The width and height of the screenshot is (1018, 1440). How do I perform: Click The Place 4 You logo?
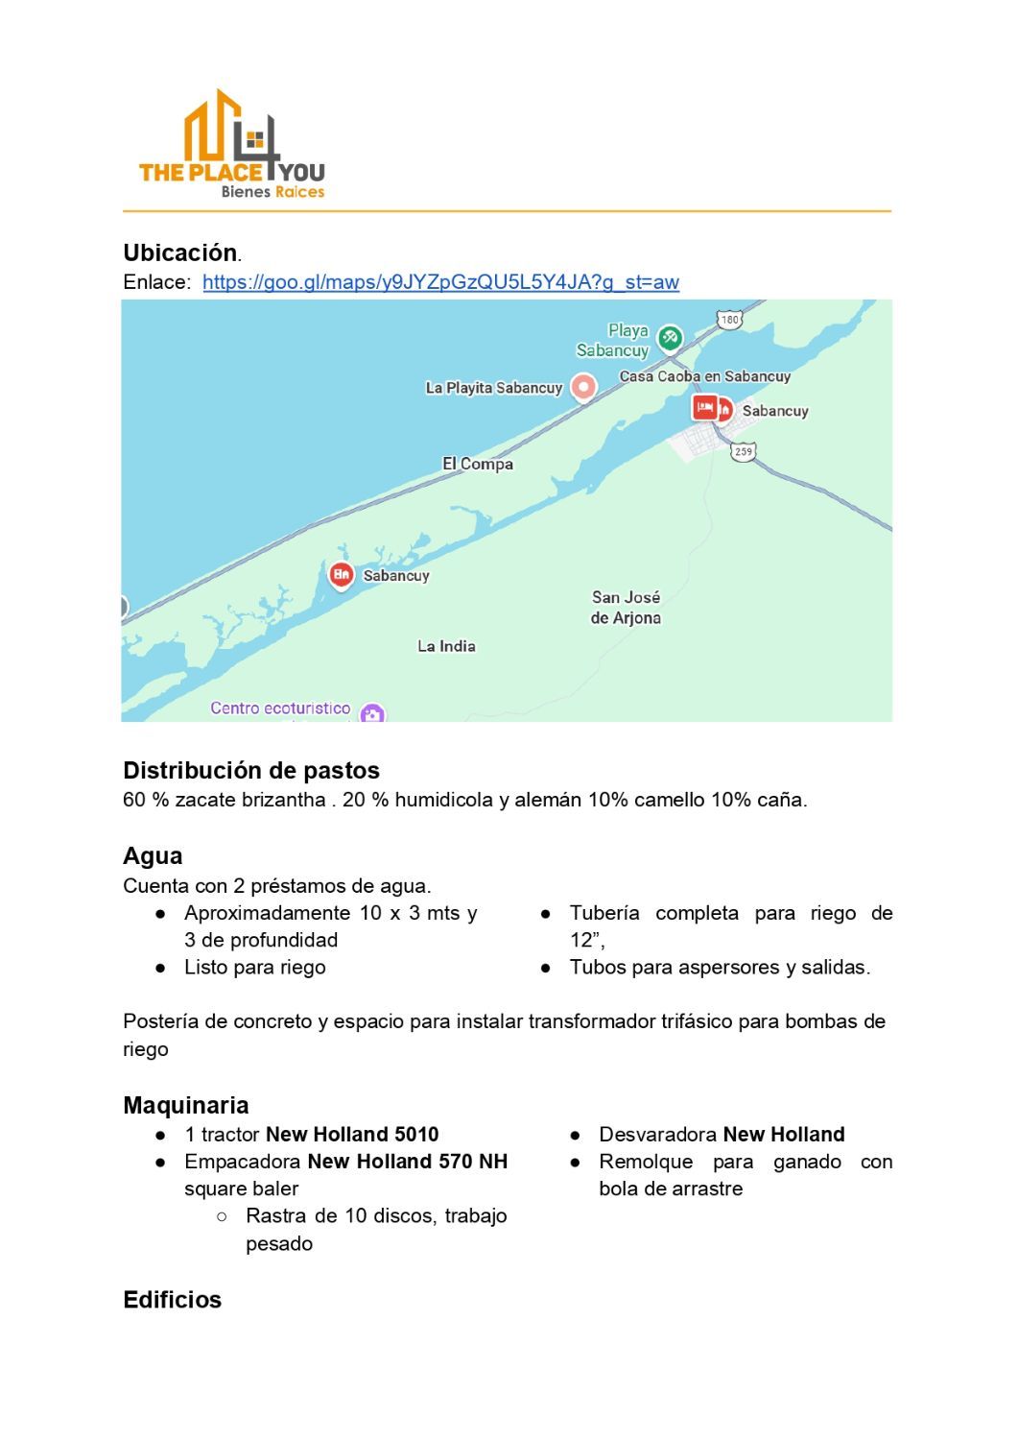coord(232,144)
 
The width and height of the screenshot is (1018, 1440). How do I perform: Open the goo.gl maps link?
coord(440,282)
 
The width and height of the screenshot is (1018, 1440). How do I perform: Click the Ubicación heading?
coord(180,252)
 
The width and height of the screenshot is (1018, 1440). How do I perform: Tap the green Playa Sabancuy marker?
coord(669,337)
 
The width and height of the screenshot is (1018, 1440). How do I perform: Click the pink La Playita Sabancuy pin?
coord(583,387)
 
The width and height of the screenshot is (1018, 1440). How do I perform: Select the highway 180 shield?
coord(729,320)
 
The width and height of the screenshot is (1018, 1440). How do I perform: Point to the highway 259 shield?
coord(744,451)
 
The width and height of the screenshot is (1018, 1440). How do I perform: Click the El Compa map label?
coord(477,464)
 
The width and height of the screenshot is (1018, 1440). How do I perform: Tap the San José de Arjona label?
coord(626,608)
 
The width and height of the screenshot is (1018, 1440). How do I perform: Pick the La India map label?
coord(446,646)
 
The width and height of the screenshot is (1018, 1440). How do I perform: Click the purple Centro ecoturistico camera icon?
coord(372,713)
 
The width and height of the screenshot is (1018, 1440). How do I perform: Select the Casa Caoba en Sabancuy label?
coord(704,376)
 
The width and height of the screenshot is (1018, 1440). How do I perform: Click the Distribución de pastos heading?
coord(251,770)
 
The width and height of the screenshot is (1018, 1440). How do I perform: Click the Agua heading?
coord(153,855)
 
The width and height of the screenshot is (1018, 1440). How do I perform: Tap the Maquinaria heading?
coord(186,1105)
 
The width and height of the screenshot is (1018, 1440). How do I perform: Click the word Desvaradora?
coord(657,1134)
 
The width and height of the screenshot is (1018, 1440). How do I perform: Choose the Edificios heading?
coord(173,1300)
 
